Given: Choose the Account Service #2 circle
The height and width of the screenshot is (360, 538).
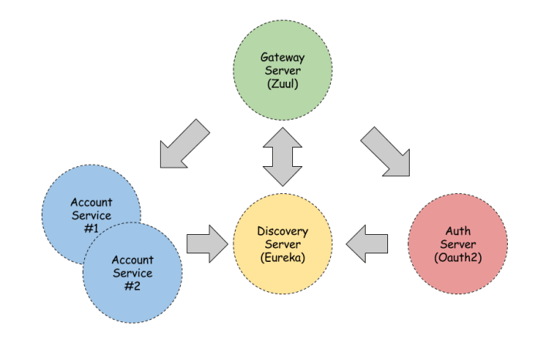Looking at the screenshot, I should pyautogui.click(x=133, y=273).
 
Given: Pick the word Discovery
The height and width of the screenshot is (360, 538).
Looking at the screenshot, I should pyautogui.click(x=283, y=231).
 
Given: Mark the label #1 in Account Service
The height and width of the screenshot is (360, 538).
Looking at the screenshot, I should pyautogui.click(x=90, y=229).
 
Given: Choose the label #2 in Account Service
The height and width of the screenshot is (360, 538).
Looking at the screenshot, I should pyautogui.click(x=133, y=286).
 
